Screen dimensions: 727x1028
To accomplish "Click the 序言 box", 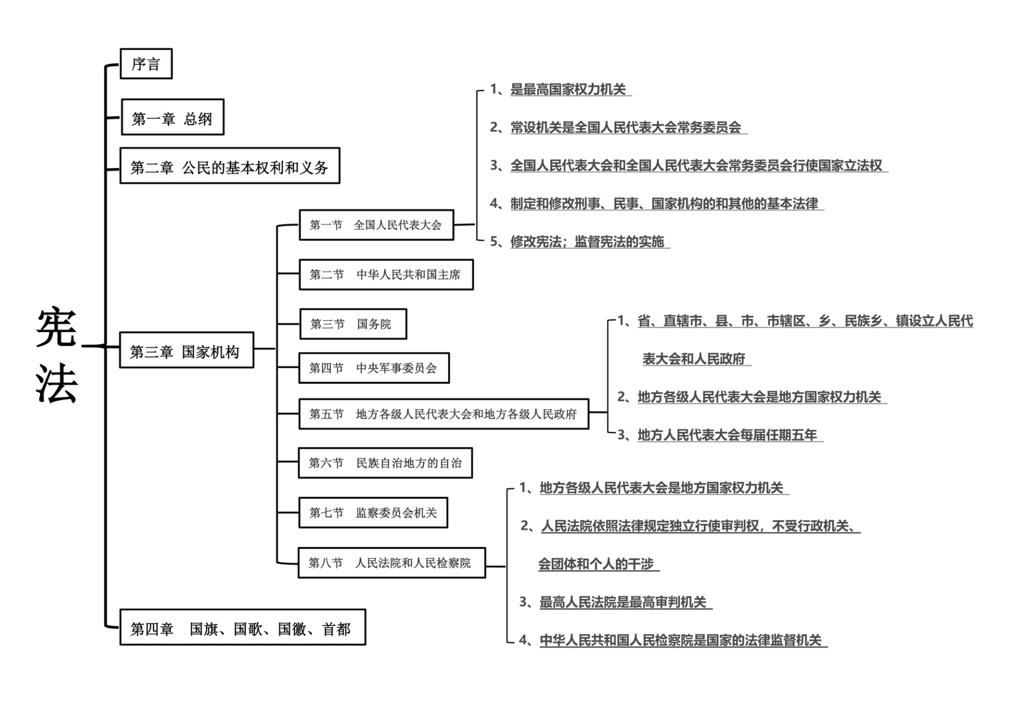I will [146, 64].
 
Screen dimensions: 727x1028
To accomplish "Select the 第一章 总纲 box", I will [172, 117].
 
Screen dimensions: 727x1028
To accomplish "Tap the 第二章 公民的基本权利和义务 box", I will [230, 166].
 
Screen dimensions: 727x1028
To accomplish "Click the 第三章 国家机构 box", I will [186, 350].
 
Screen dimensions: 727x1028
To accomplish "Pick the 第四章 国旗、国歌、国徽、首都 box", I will [243, 627].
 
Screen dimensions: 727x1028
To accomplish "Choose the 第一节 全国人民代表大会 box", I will [376, 225].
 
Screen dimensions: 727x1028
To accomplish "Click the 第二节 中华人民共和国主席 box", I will [386, 275].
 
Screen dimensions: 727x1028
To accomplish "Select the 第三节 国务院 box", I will [353, 324].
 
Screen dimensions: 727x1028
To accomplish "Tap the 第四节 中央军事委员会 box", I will [374, 368].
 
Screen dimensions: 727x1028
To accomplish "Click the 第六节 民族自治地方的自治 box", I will [385, 463].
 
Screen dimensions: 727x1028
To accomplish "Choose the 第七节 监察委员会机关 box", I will [373, 513].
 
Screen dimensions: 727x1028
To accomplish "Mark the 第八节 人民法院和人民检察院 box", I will [391, 563].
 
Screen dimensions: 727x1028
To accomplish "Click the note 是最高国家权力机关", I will [568, 89].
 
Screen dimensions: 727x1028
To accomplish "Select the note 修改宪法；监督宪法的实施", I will [587, 242].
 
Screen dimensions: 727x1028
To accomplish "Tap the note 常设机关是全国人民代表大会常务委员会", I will [625, 128].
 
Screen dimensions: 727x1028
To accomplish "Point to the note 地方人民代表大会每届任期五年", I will [727, 435].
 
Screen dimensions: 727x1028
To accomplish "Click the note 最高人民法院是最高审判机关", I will [623, 602].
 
